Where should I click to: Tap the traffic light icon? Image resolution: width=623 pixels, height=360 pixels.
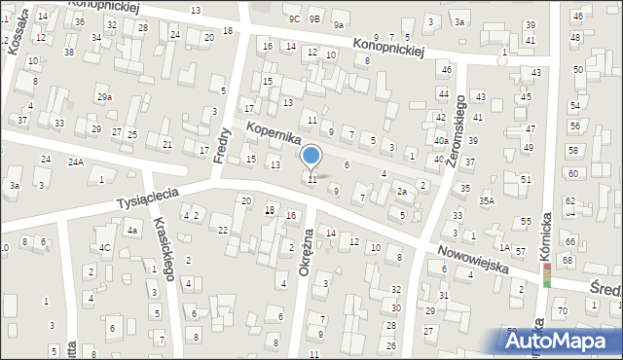(546, 275)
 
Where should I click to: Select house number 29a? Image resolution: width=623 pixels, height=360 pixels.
(104, 97)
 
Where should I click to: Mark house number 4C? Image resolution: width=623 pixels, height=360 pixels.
(103, 247)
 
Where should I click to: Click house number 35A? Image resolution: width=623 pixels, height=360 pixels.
(486, 200)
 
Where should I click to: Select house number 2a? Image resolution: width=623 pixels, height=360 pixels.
(401, 192)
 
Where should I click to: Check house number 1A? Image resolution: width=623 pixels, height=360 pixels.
(504, 247)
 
